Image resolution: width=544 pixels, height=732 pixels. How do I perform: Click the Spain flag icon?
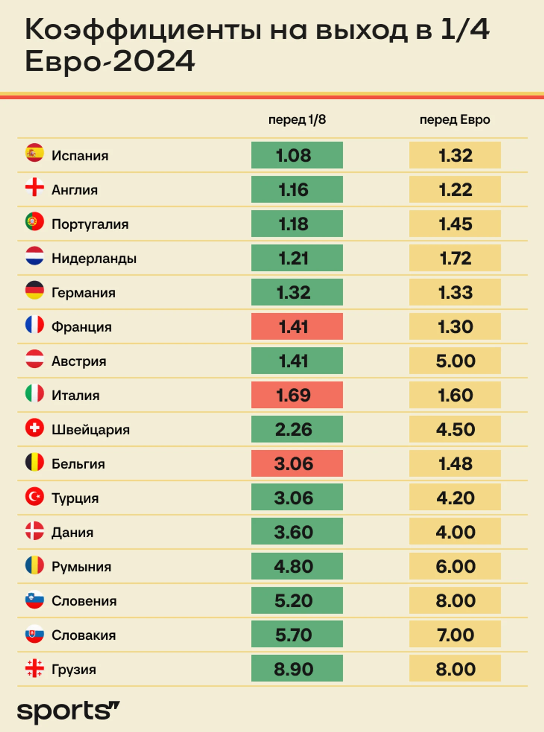click(x=35, y=153)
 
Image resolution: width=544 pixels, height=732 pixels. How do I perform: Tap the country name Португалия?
click(x=90, y=224)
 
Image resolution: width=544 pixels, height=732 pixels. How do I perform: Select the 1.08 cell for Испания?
click(x=297, y=155)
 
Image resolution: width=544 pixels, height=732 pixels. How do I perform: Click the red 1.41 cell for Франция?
click(x=297, y=327)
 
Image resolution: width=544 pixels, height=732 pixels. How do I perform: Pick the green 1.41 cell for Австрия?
click(x=297, y=361)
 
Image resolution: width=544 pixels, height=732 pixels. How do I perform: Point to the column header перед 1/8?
click(x=297, y=120)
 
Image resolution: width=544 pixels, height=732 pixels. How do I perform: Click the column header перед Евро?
click(x=455, y=120)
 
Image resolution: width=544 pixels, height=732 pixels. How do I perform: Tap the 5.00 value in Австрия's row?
click(x=455, y=361)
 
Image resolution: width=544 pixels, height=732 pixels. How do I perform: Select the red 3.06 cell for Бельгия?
click(x=297, y=464)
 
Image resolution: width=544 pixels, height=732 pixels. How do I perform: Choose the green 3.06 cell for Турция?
click(x=297, y=498)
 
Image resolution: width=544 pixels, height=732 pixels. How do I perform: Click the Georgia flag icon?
click(x=35, y=668)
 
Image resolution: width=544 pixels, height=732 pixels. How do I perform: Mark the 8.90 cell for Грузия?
click(x=297, y=669)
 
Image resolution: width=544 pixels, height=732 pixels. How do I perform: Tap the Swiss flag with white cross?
click(x=35, y=428)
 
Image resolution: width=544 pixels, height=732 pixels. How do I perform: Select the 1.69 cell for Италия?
click(x=297, y=395)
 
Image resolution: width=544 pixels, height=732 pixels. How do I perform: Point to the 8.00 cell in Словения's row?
click(x=455, y=601)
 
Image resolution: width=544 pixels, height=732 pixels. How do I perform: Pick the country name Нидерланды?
click(x=94, y=258)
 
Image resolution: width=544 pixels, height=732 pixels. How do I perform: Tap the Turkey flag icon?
click(x=35, y=496)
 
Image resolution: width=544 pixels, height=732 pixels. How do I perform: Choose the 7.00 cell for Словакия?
click(x=455, y=635)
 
